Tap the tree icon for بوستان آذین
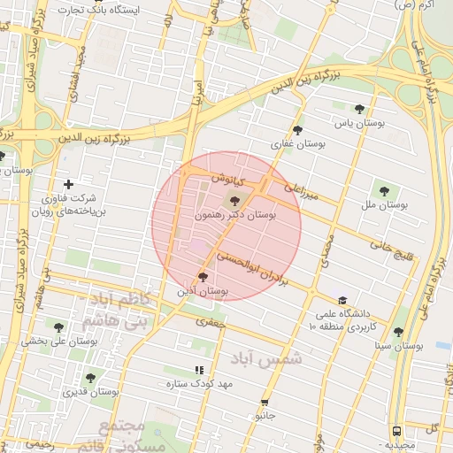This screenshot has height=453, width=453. [x=203, y=278]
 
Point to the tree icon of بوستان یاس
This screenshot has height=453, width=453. [x=360, y=109]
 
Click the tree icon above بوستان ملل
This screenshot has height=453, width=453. [x=384, y=189]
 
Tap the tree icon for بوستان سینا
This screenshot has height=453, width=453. [x=398, y=332]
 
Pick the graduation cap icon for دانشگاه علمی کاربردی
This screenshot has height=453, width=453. [x=342, y=300]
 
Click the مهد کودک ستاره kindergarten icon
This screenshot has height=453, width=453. [x=199, y=371]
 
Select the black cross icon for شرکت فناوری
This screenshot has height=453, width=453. [x=69, y=184]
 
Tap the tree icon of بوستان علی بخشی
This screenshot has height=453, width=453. [x=59, y=326]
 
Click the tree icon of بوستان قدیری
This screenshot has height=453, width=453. [x=90, y=378]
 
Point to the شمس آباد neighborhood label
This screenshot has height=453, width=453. [x=266, y=358]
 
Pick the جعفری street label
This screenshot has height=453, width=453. [x=211, y=322]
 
